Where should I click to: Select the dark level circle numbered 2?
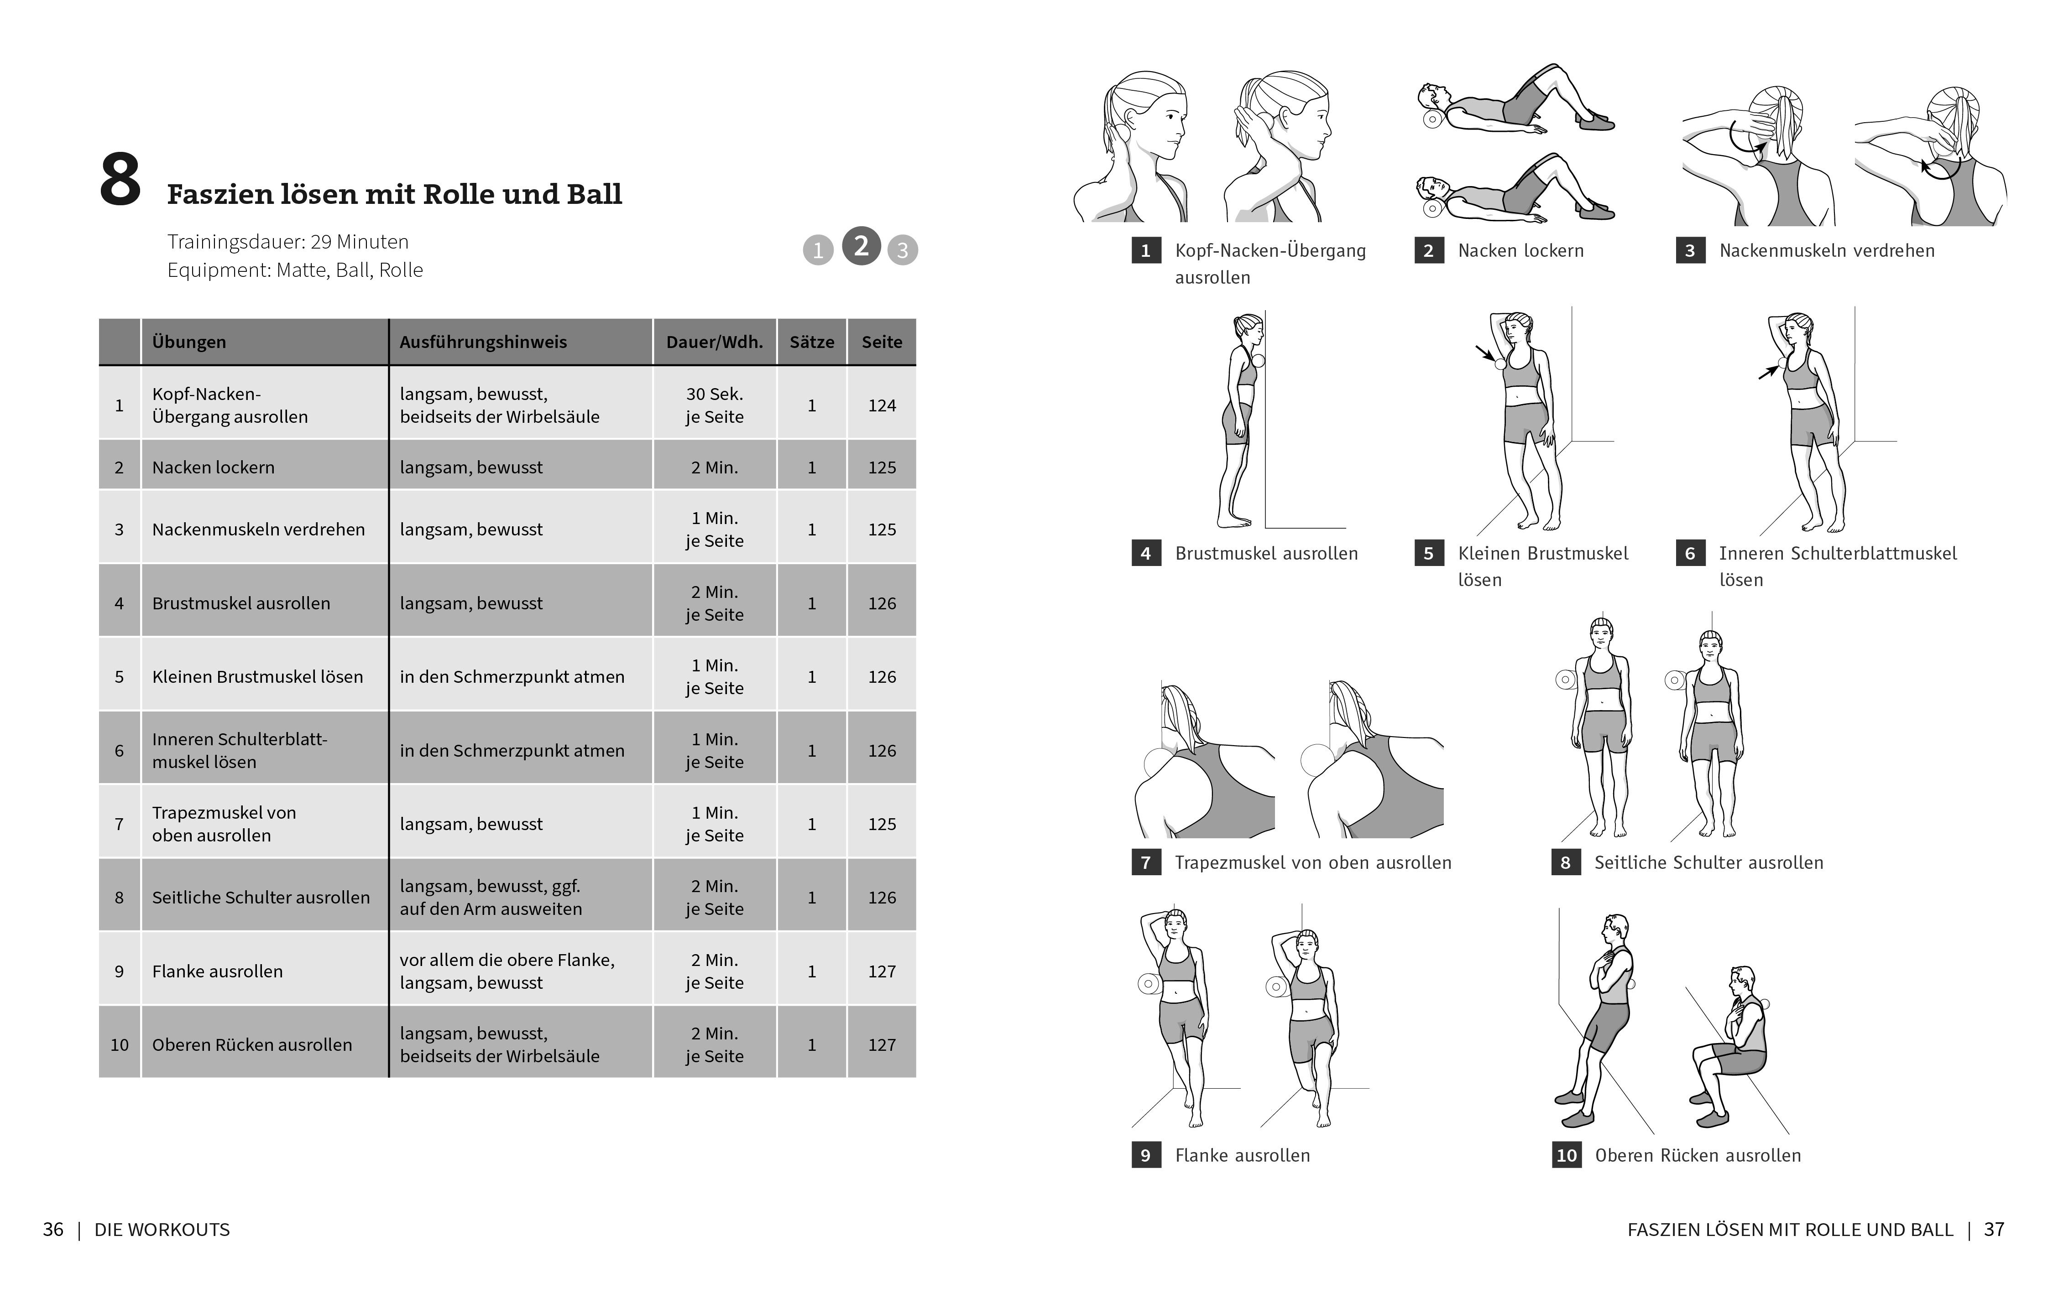(x=861, y=247)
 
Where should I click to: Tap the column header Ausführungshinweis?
(x=483, y=342)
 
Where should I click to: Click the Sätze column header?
(x=811, y=342)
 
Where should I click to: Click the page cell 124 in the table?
(x=882, y=405)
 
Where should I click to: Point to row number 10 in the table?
(x=119, y=1045)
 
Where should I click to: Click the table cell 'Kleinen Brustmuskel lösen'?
(x=257, y=677)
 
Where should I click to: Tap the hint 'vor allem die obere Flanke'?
(x=507, y=960)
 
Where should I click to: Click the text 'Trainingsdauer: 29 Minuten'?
(x=287, y=241)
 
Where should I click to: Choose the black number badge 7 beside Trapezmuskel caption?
(x=1146, y=862)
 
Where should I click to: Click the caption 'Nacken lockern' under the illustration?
(x=1520, y=250)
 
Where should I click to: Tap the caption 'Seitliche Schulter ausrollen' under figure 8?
(x=1708, y=862)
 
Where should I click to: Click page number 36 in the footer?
(x=53, y=1229)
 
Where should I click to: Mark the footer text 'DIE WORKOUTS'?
(x=162, y=1229)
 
